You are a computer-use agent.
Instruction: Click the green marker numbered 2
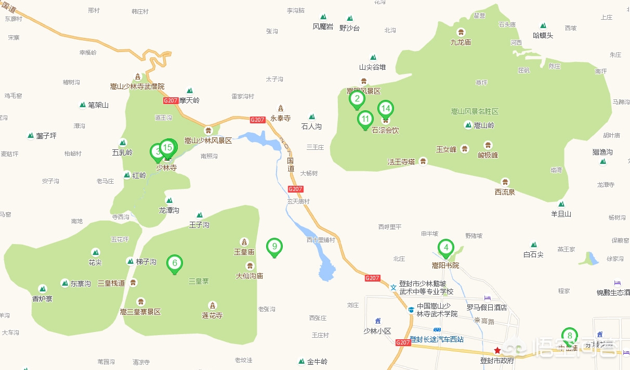click(357, 98)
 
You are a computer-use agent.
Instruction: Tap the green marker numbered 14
click(385, 109)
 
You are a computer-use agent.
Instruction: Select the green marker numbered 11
click(365, 120)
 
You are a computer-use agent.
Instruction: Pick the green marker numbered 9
click(274, 246)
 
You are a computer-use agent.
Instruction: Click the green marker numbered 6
click(175, 263)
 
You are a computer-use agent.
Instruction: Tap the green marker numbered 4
click(445, 248)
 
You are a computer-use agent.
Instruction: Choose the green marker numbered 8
click(570, 336)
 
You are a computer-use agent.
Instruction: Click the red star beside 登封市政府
click(497, 350)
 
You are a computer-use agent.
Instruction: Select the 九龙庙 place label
click(461, 42)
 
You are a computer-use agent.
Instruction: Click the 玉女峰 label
click(446, 149)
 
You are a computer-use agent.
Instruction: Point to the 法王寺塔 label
click(401, 162)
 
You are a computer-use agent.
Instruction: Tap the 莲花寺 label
click(212, 315)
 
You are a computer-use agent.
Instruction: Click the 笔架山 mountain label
click(98, 105)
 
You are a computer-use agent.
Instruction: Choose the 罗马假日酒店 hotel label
click(487, 308)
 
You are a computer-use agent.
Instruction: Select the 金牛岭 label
click(317, 362)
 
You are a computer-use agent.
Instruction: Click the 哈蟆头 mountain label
click(543, 35)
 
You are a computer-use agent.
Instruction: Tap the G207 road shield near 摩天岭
click(170, 100)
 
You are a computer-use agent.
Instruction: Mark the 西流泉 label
click(505, 192)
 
